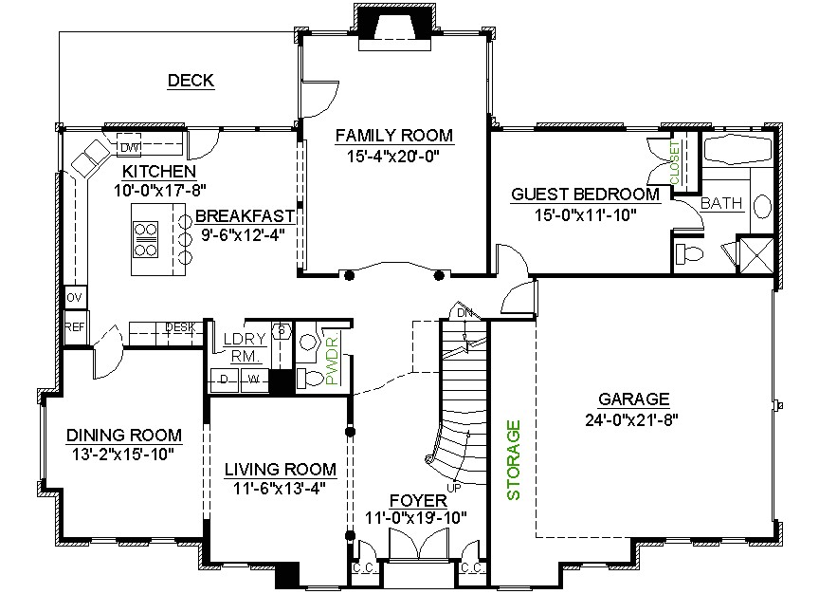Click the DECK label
point(191,81)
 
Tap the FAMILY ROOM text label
point(393,136)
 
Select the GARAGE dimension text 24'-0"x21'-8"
point(634,418)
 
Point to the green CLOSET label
point(675,163)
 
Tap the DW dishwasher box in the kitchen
point(129,147)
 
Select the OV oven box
point(74,298)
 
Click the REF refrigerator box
point(74,326)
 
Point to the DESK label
point(180,328)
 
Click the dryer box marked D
point(225,381)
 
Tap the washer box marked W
point(253,381)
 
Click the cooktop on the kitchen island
point(147,239)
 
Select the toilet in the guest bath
point(688,252)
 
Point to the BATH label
point(721,203)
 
